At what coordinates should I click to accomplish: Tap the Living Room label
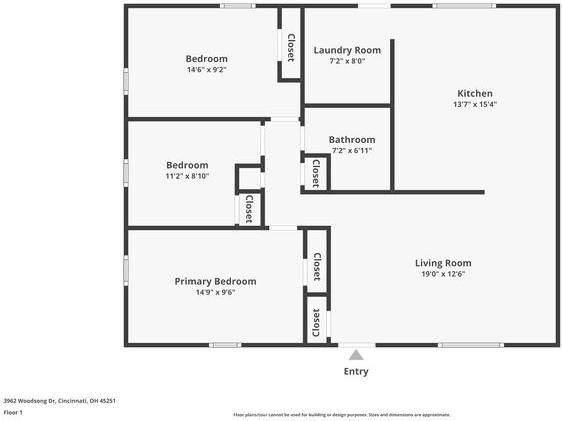(x=443, y=263)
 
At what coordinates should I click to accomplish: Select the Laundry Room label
(x=347, y=50)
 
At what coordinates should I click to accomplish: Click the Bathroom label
(x=352, y=139)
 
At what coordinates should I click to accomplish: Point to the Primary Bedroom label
(x=215, y=281)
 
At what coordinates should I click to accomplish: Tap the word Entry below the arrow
(x=356, y=371)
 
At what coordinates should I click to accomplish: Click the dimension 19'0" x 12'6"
(x=443, y=274)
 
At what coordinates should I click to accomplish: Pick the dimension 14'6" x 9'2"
(x=207, y=70)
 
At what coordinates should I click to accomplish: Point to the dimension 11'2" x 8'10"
(x=187, y=176)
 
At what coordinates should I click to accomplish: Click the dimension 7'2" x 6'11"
(x=352, y=150)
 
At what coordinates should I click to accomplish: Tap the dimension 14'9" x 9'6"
(x=215, y=293)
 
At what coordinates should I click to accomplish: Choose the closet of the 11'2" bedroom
(x=249, y=208)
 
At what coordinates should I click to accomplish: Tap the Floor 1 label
(x=14, y=412)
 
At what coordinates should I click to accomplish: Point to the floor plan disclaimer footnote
(x=341, y=414)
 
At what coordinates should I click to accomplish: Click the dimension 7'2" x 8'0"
(x=347, y=61)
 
